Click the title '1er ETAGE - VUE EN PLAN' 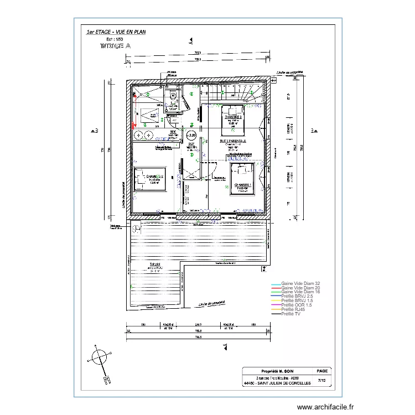[116, 32]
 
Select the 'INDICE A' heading [115, 47]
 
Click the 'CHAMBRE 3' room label [233, 117]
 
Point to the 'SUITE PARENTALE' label [232, 142]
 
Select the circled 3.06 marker [191, 135]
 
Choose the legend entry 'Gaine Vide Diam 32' [300, 283]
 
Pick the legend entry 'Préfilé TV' [292, 314]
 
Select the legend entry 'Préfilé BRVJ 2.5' [297, 297]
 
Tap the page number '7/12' [322, 380]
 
